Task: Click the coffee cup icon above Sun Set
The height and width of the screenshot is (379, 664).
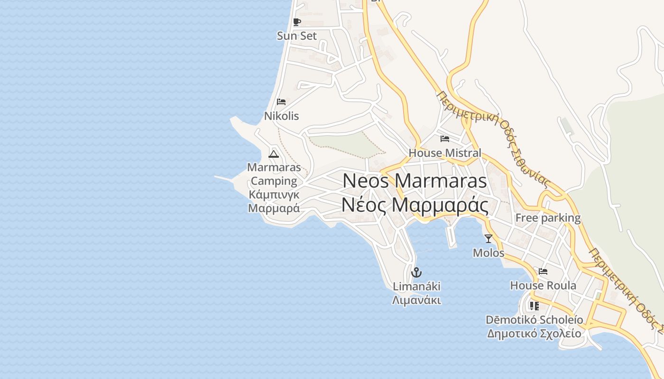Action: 297,22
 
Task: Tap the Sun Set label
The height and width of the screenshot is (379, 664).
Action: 297,36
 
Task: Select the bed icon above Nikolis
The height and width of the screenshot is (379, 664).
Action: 281,101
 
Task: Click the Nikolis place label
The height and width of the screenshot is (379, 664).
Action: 281,116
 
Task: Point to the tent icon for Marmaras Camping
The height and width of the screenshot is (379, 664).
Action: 274,153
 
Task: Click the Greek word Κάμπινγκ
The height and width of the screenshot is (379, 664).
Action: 274,194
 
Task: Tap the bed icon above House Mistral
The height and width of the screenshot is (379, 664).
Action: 445,139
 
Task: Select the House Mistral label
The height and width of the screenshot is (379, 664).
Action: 445,153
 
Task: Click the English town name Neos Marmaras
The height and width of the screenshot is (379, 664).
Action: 415,180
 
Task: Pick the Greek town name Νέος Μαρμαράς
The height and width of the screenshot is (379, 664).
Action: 415,205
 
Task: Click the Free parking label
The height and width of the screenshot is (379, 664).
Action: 548,218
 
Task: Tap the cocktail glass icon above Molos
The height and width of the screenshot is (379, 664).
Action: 489,238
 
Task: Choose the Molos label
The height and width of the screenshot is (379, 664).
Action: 489,253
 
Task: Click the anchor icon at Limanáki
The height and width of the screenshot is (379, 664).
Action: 416,272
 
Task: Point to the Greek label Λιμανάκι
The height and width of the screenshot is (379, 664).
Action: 416,300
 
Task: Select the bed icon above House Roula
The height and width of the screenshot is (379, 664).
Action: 543,271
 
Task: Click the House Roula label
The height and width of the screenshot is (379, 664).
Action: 543,285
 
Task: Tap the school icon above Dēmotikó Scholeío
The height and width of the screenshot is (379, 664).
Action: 535,306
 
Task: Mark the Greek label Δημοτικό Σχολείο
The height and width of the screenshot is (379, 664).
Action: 534,333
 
